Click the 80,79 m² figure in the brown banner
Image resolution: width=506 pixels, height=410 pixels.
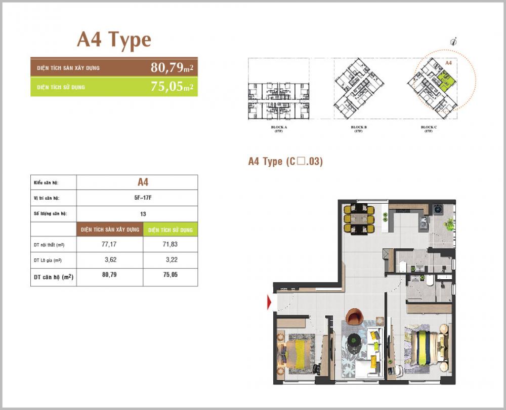(172, 67)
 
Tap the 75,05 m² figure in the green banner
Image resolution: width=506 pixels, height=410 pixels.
(172, 87)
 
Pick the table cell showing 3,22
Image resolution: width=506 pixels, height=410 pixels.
(171, 260)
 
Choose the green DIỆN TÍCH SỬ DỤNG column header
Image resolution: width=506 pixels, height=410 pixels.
(171, 230)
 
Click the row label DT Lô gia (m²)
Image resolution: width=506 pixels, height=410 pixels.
(49, 260)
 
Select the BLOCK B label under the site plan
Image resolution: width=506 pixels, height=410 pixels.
(359, 127)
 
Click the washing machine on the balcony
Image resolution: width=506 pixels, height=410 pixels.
(438, 209)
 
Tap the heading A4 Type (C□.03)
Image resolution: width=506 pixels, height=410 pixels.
(285, 162)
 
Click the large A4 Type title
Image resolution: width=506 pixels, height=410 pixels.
(114, 40)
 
